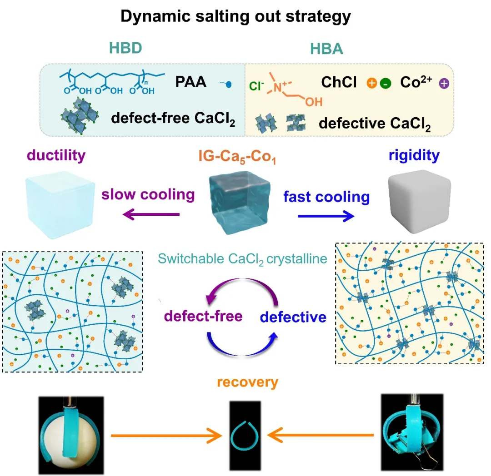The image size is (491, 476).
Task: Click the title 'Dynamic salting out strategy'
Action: pyautogui.click(x=235, y=16)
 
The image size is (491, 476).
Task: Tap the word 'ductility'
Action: pyautogui.click(x=56, y=156)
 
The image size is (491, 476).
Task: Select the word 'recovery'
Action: pyautogui.click(x=247, y=382)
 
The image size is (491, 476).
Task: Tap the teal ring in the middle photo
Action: pyautogui.click(x=245, y=435)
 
